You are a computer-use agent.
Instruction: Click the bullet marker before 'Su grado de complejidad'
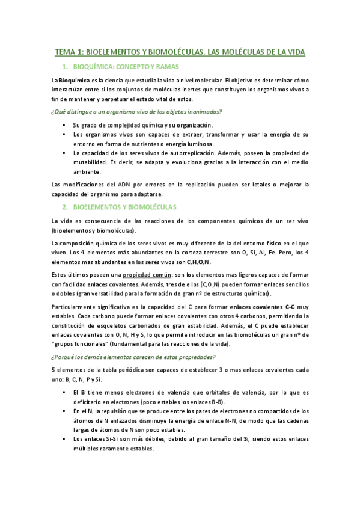63,124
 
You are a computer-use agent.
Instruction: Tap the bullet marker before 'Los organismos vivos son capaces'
63,135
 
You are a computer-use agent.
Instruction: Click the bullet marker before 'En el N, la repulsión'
63,411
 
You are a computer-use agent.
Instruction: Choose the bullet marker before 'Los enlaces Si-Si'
63,438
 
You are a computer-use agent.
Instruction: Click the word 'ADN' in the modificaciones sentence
120,184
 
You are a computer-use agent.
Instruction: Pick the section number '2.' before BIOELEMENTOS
64,207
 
